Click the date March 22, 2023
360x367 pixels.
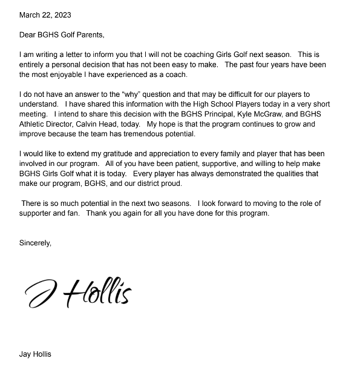pos(45,15)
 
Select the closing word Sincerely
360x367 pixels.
pos(35,243)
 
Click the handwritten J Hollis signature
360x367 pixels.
pos(79,294)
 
